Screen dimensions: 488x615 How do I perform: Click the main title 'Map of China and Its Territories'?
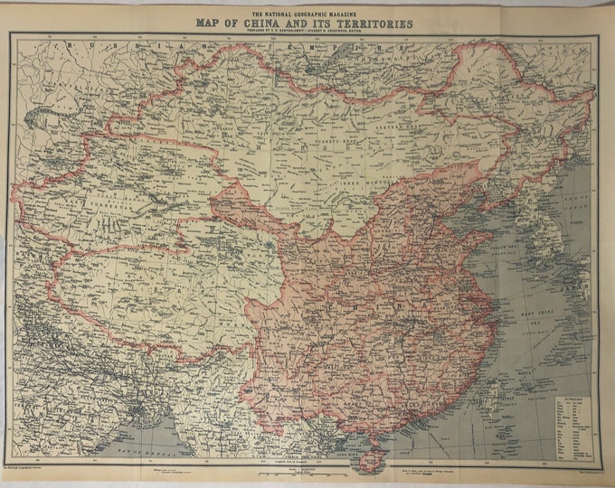click(x=303, y=24)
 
